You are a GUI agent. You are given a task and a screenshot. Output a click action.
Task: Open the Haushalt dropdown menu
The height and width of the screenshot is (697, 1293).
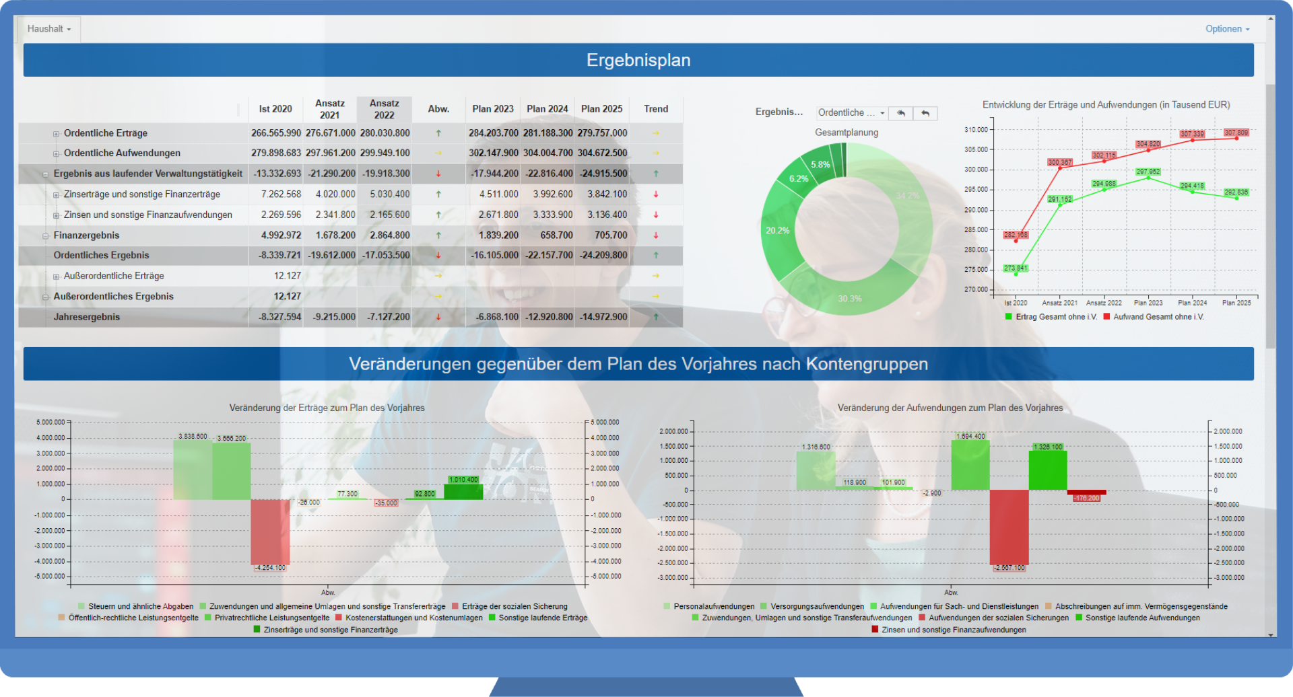pyautogui.click(x=48, y=29)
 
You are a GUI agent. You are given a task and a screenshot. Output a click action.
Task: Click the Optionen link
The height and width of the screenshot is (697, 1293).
pyautogui.click(x=1227, y=29)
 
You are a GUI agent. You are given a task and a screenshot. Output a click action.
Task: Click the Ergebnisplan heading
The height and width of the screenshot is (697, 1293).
pyautogui.click(x=638, y=60)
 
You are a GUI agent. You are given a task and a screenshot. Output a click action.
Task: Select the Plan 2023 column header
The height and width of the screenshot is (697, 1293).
pyautogui.click(x=492, y=109)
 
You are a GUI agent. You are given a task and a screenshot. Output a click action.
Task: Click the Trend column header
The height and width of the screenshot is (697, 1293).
pyautogui.click(x=655, y=109)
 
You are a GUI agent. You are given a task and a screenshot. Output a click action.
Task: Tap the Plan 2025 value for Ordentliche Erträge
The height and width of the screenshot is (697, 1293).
pyautogui.click(x=601, y=133)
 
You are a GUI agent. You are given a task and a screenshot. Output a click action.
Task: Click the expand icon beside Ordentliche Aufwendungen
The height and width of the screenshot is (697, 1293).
pyautogui.click(x=57, y=154)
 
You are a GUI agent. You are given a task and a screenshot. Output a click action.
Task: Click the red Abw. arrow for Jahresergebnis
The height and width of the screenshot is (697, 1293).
pyautogui.click(x=438, y=317)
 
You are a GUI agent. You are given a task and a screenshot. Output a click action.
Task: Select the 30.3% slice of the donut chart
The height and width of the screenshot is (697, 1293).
pyautogui.click(x=850, y=298)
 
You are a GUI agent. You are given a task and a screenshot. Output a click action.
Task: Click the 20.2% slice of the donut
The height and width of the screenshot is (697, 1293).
pyautogui.click(x=778, y=231)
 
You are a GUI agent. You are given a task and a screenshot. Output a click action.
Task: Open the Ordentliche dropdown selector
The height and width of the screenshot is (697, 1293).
pyautogui.click(x=851, y=113)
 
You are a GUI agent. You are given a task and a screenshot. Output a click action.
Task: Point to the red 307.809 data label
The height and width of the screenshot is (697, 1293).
pyautogui.click(x=1236, y=133)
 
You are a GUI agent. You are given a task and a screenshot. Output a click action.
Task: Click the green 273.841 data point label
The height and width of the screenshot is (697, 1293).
pyautogui.click(x=1016, y=268)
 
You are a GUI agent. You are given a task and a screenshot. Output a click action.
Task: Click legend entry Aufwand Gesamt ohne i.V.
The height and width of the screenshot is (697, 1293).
pyautogui.click(x=1158, y=317)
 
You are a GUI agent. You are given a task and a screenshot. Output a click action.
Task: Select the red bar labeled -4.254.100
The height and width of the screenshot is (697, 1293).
pyautogui.click(x=270, y=531)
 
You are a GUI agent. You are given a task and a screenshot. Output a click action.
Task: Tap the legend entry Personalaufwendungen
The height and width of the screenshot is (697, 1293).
pyautogui.click(x=713, y=606)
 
